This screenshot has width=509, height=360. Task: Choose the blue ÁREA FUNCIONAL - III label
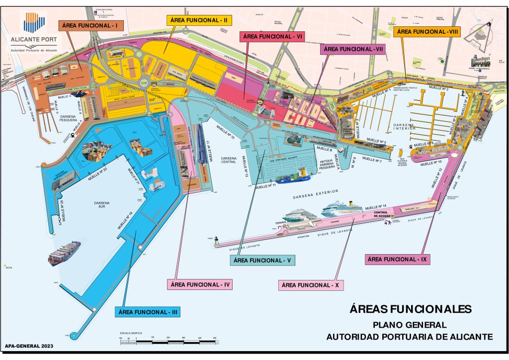pyautogui.click(x=147, y=312)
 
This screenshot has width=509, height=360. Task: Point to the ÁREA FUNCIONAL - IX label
pyautogui.click(x=397, y=259)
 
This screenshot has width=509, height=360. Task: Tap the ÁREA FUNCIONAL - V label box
pyautogui.click(x=263, y=260)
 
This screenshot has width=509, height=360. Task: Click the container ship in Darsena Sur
pyautogui.click(x=64, y=254)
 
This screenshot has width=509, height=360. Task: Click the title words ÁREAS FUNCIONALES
pyautogui.click(x=410, y=309)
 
